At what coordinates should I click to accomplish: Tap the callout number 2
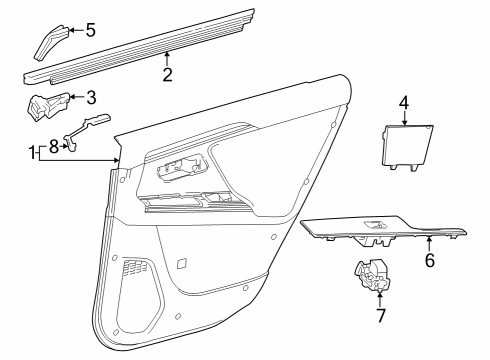point(167,73)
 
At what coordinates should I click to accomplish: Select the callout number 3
point(90,97)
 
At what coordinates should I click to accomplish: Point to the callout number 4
point(403,102)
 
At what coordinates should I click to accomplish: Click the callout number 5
point(89,30)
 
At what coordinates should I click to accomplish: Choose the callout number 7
point(379,317)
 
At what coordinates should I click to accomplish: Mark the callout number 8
point(54,145)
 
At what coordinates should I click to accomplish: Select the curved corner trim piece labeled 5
point(53,41)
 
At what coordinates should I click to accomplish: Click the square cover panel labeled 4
point(407,145)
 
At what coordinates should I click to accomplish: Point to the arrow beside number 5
point(75,31)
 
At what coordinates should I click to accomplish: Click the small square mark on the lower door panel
point(181,264)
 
